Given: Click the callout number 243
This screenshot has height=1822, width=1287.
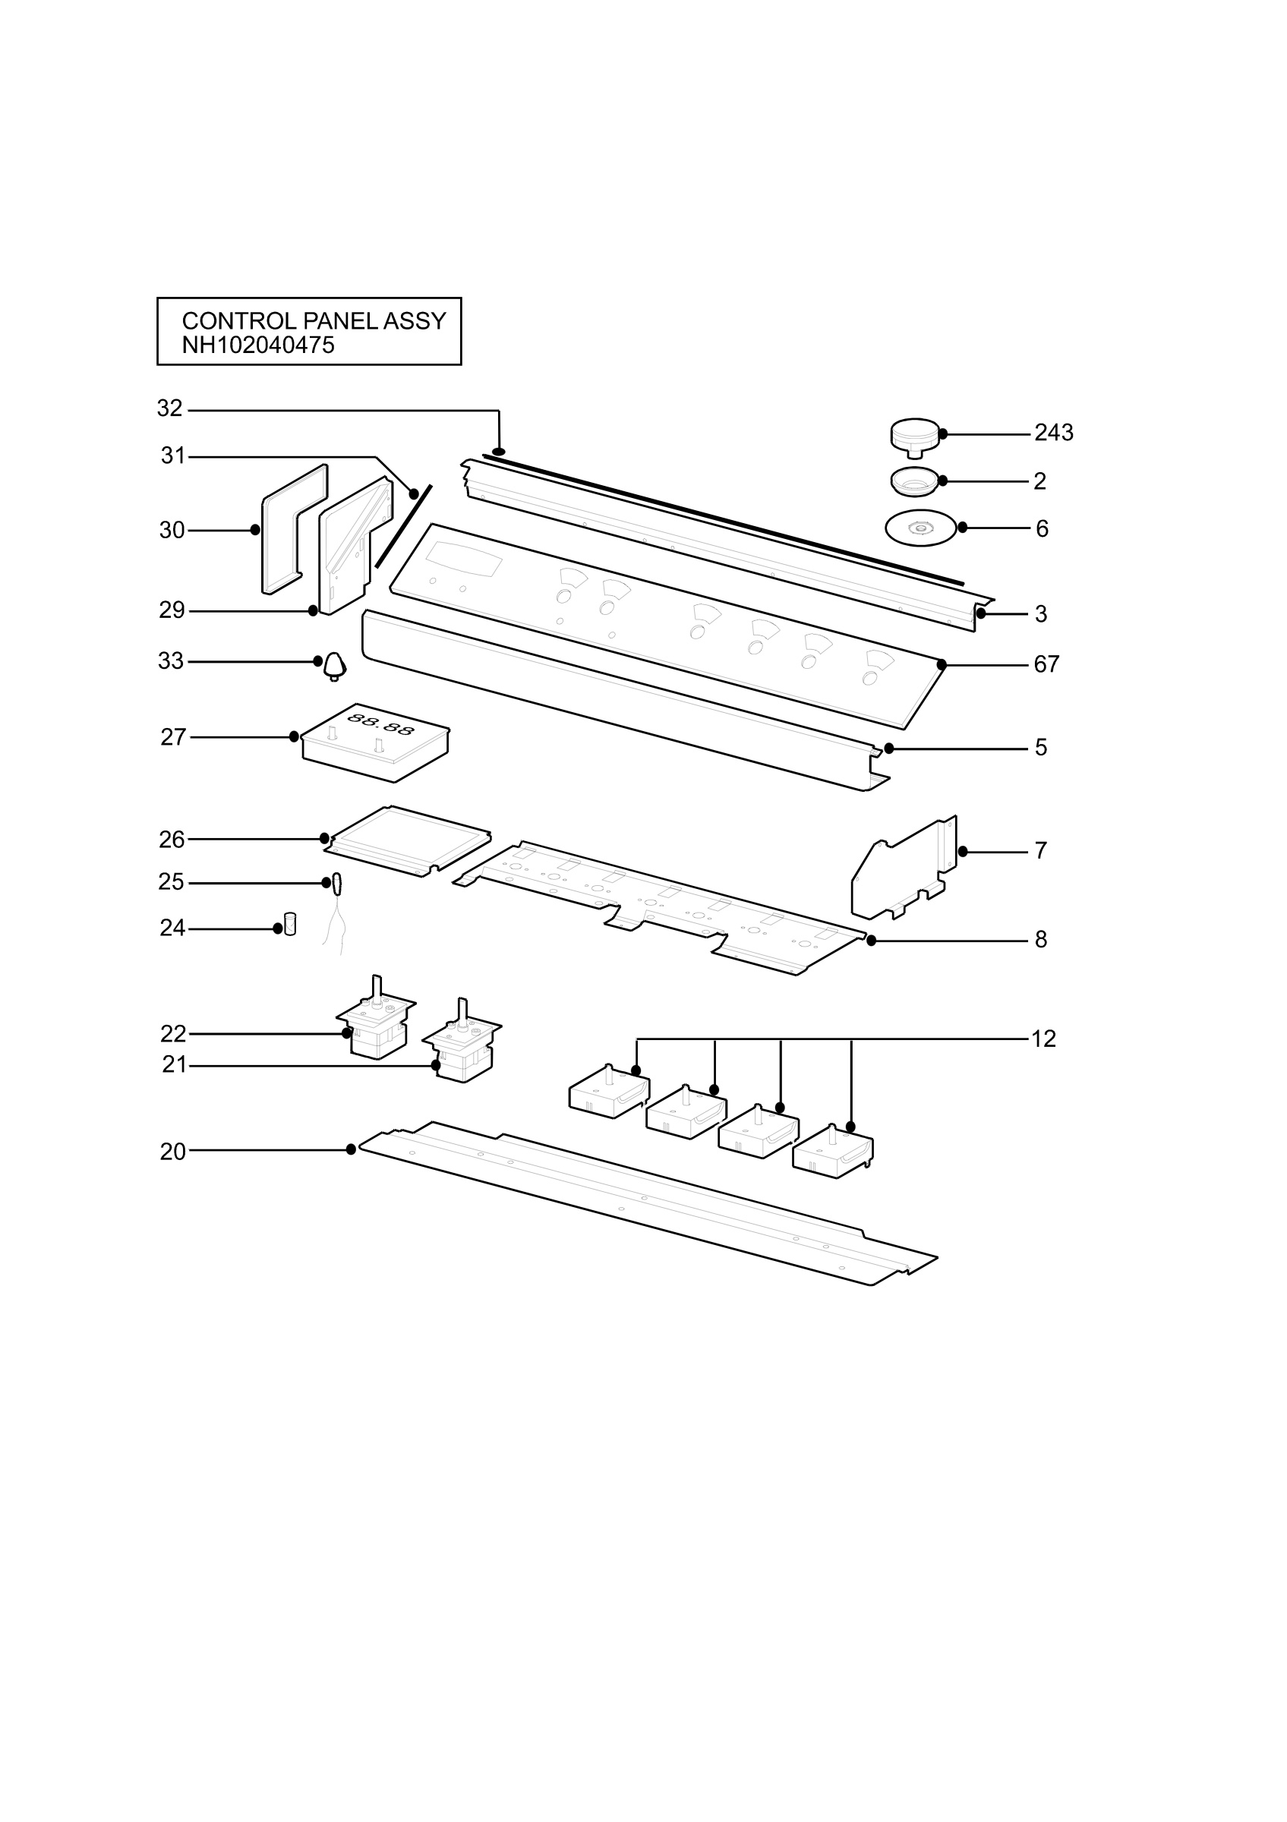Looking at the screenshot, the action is tap(1054, 433).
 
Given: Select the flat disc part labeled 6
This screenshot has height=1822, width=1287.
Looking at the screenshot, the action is tap(920, 528).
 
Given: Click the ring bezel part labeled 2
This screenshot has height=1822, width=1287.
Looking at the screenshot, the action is tap(915, 481).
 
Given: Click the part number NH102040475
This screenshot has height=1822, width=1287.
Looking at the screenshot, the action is tap(258, 346).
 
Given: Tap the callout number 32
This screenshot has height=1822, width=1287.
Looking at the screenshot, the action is tap(170, 408).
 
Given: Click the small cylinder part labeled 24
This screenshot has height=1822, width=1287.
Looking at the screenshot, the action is tap(290, 925).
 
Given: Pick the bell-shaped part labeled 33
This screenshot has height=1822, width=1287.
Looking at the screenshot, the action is tap(335, 666).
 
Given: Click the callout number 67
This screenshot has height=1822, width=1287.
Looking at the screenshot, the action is tap(1046, 665).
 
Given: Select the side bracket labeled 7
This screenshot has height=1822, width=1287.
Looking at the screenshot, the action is tap(904, 868).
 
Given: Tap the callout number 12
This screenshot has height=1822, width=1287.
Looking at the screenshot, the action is tap(1043, 1039).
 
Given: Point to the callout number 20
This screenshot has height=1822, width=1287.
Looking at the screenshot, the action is tap(173, 1152).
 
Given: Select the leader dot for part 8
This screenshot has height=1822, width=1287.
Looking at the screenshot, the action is tap(871, 941).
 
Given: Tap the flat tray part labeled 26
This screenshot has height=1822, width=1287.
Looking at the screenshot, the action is tap(408, 841).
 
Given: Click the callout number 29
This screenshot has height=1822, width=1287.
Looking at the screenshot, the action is tap(172, 611).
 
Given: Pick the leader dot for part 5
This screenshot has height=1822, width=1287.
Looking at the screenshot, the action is tap(888, 749).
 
